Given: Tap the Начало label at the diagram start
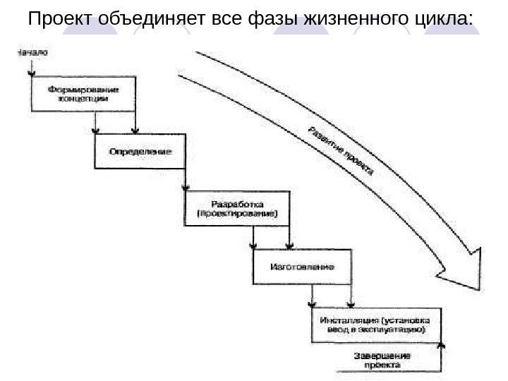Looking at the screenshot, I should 31,51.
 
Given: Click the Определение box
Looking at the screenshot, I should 140,151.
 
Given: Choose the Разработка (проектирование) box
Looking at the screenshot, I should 237,207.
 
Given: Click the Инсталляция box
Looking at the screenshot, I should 375,324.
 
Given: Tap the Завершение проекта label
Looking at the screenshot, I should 382,360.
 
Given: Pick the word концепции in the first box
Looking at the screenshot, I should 84,99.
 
